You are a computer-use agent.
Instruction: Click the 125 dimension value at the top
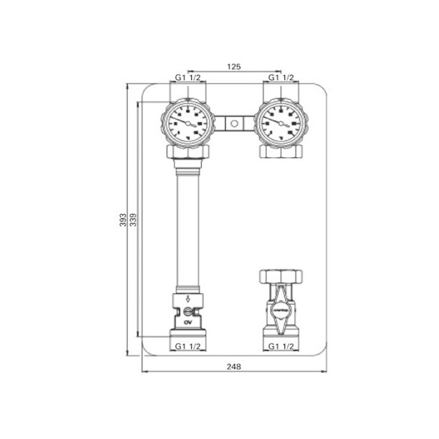pyautogui.click(x=234, y=67)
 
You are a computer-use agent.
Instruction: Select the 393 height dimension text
pyautogui.click(x=123, y=219)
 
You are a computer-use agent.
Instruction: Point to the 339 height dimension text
pyautogui.click(x=133, y=219)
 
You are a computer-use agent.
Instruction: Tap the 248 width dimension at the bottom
pyautogui.click(x=234, y=367)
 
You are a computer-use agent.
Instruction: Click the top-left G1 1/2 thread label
pyautogui.click(x=187, y=78)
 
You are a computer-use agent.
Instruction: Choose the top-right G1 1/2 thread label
pyautogui.click(x=281, y=78)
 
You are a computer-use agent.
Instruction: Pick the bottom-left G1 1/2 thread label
pyautogui.click(x=187, y=346)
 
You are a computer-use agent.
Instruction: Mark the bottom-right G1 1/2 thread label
pyautogui.click(x=281, y=346)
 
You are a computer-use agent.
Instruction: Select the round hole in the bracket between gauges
pyautogui.click(x=234, y=123)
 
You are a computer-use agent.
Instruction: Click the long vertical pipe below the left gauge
pyautogui.click(x=188, y=228)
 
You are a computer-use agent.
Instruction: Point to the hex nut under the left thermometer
pyautogui.click(x=188, y=152)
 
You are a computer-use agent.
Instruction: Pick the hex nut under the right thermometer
pyautogui.click(x=281, y=151)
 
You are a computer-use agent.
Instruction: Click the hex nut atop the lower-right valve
pyautogui.click(x=281, y=276)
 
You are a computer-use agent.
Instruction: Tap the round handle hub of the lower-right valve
pyautogui.click(x=281, y=309)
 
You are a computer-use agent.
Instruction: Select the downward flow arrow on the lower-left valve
pyautogui.click(x=188, y=299)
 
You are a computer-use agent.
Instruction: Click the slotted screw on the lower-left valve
pyautogui.click(x=187, y=312)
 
